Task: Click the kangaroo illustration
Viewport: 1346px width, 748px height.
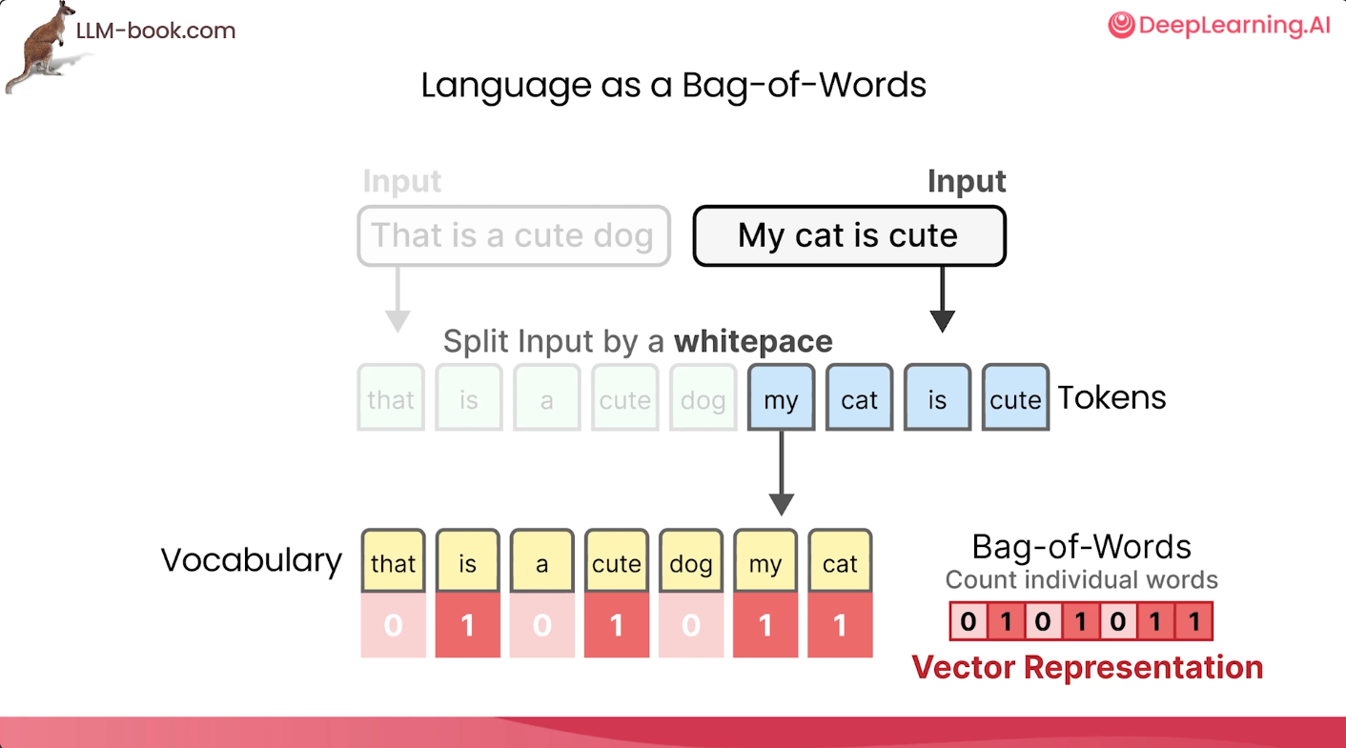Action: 42,48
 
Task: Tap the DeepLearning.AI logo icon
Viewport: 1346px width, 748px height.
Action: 1121,25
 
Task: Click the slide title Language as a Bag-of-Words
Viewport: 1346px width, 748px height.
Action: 673,86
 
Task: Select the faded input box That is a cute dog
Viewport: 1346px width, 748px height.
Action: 514,235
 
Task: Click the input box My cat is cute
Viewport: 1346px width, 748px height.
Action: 849,235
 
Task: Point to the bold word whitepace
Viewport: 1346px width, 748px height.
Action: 753,341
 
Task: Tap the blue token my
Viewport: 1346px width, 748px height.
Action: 781,397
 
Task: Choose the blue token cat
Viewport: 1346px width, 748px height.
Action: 859,397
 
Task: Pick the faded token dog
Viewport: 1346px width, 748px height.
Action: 704,397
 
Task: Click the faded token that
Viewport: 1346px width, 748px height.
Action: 391,397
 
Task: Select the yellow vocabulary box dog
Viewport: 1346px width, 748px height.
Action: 691,561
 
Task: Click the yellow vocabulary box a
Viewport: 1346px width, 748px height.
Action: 542,561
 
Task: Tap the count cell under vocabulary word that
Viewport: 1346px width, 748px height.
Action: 393,625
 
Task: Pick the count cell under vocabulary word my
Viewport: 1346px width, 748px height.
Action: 765,625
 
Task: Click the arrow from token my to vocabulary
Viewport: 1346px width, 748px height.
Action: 781,474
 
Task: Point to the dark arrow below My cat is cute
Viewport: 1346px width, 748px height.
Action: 942,299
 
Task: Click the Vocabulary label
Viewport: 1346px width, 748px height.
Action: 251,560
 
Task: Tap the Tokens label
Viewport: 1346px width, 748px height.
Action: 1111,397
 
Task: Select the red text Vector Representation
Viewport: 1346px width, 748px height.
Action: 1088,668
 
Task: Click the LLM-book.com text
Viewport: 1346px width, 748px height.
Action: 155,30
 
